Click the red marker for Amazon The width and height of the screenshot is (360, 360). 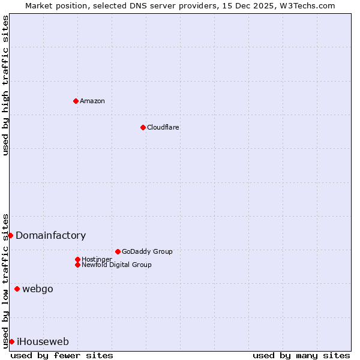point(76,101)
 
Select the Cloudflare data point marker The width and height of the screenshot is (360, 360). point(143,127)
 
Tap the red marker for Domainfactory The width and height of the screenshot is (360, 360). point(10,235)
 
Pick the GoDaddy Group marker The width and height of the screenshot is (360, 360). point(118,251)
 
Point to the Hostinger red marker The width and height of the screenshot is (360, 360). point(77,259)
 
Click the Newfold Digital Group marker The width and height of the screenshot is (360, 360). point(77,265)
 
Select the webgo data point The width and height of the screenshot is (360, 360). point(17,289)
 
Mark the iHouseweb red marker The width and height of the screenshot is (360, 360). point(11,341)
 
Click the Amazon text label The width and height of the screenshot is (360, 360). point(92,101)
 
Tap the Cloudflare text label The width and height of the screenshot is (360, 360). point(163,127)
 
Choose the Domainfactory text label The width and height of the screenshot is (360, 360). point(50,235)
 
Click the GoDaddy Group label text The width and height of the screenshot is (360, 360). point(147,251)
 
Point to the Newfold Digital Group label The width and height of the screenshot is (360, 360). point(116,265)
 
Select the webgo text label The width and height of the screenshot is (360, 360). point(37,289)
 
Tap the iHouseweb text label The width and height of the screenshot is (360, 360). point(43,341)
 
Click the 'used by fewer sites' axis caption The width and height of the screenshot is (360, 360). point(62,355)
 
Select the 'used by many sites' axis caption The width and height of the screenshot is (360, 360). point(301,355)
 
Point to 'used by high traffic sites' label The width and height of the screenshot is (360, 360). point(5,85)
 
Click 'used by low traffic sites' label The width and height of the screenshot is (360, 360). point(5,280)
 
